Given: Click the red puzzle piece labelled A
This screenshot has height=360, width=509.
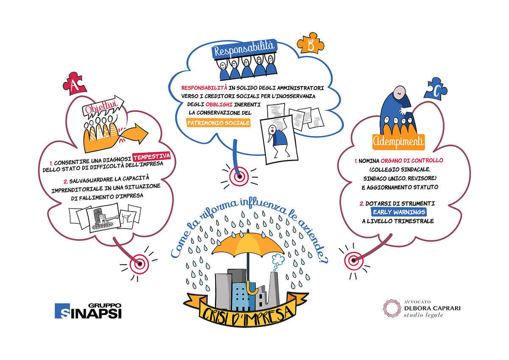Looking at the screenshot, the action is [74, 84].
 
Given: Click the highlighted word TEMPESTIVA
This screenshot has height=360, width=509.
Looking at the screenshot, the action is [151, 156].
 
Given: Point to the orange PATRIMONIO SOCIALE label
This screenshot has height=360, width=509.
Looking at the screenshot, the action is [218, 123].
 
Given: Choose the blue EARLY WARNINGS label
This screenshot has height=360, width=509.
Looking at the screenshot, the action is [399, 212].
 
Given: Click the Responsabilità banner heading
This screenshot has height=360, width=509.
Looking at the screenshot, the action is [244, 48].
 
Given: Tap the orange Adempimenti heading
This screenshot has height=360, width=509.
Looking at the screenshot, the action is [399, 142].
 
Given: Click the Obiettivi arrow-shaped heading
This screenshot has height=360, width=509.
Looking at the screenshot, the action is [103, 106].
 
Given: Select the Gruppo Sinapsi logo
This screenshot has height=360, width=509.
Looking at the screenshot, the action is [88, 311].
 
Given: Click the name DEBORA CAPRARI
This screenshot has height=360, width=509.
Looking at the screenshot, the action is [432, 308].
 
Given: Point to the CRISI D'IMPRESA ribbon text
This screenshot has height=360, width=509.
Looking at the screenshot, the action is [247, 314].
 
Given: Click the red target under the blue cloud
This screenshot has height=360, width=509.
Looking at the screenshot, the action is [239, 176].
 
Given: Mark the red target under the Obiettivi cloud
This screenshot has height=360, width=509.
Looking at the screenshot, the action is [140, 264].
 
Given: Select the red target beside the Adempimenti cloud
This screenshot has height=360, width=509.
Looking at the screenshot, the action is [354, 260].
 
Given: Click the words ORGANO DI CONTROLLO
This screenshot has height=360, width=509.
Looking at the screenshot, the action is [412, 161].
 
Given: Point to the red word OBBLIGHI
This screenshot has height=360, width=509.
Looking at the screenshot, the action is [219, 104].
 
